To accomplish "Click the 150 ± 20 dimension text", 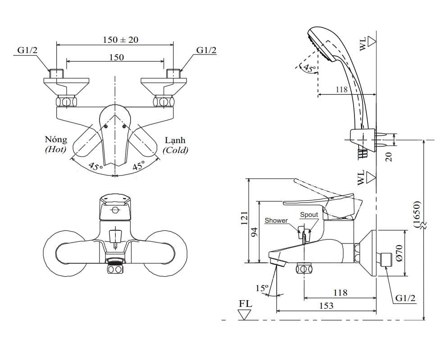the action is pyautogui.click(x=121, y=40).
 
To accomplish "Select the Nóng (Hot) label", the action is pyautogui.click(x=56, y=144).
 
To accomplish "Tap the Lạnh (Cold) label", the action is pyautogui.click(x=175, y=145).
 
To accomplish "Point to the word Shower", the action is pyautogui.click(x=276, y=220).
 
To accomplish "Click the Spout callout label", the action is pyautogui.click(x=309, y=215).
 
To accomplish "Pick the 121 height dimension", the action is pyautogui.click(x=245, y=218).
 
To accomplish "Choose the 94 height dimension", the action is pyautogui.click(x=254, y=232).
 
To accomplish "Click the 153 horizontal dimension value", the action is pyautogui.click(x=327, y=306).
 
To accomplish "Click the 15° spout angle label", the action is pyautogui.click(x=262, y=288).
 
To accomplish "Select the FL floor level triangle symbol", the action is pyautogui.click(x=245, y=315).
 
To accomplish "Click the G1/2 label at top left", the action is pyautogui.click(x=27, y=50).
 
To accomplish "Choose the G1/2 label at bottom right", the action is pyautogui.click(x=405, y=298).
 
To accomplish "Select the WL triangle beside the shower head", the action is pyautogui.click(x=372, y=41).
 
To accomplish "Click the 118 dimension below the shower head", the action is pyautogui.click(x=341, y=90).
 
